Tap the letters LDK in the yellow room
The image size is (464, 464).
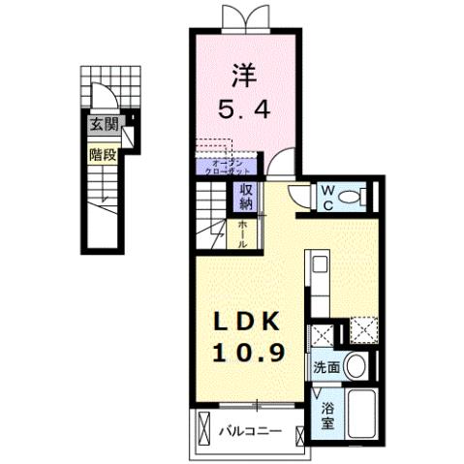click(x=242, y=324)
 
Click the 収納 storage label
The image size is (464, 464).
click(x=246, y=198)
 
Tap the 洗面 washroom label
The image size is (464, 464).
click(x=325, y=368)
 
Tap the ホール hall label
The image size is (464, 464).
click(x=246, y=232)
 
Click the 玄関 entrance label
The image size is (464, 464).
click(x=104, y=124)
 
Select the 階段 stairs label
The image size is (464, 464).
click(x=102, y=153)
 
